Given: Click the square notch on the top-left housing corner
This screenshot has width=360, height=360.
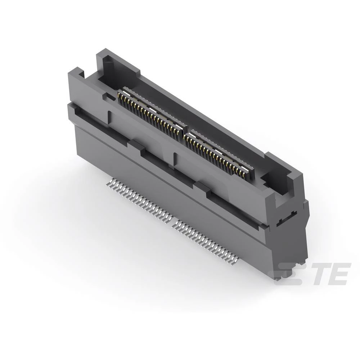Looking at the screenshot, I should point(80,75).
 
